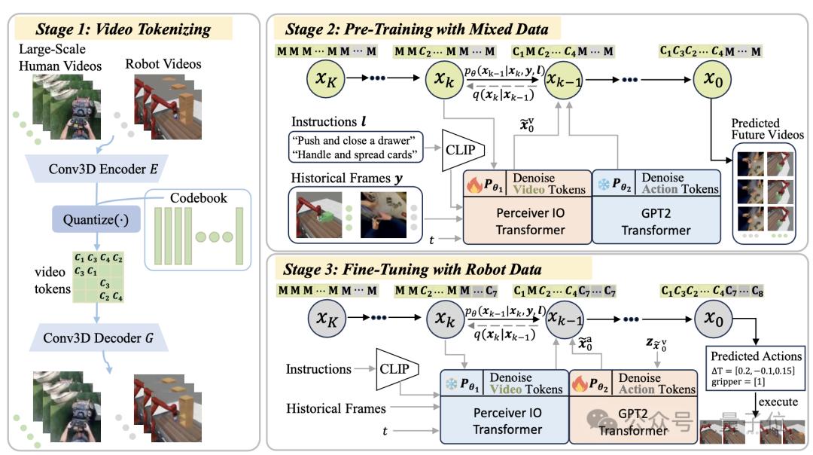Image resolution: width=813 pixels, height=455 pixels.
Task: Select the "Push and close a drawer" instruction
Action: [356, 139]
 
